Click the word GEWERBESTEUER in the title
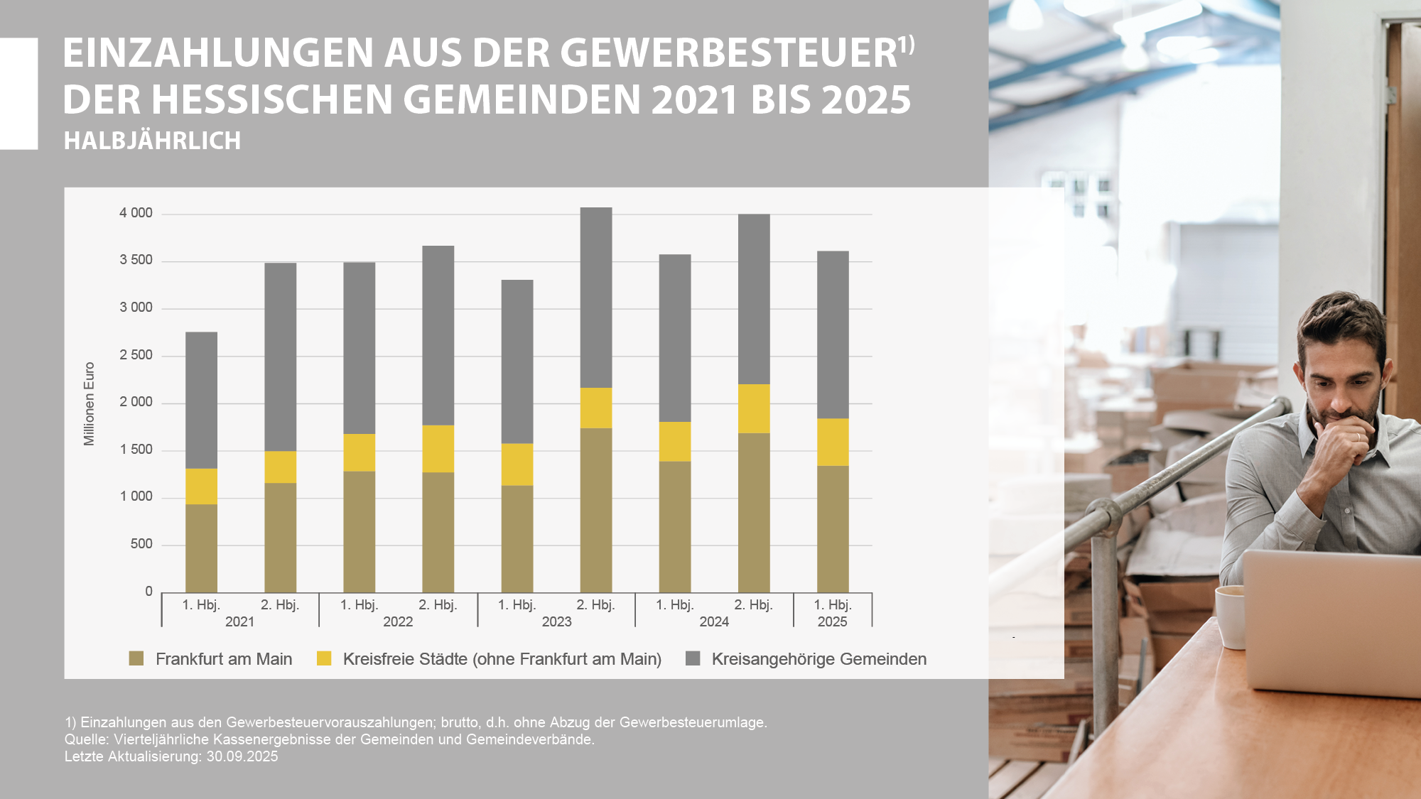729,53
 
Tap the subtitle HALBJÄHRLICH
152,141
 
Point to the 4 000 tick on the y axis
136,213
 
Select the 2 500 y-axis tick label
136,355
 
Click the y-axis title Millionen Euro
89,403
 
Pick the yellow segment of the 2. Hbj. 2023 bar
595,408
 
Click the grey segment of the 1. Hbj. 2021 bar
201,400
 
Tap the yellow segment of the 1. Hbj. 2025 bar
833,442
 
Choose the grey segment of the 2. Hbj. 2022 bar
438,335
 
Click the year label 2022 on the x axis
398,622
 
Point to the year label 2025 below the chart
833,622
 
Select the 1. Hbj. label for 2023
517,605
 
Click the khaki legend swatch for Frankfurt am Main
136,658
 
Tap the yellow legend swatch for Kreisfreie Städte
324,658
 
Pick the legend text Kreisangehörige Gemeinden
818,659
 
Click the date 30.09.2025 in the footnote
242,756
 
